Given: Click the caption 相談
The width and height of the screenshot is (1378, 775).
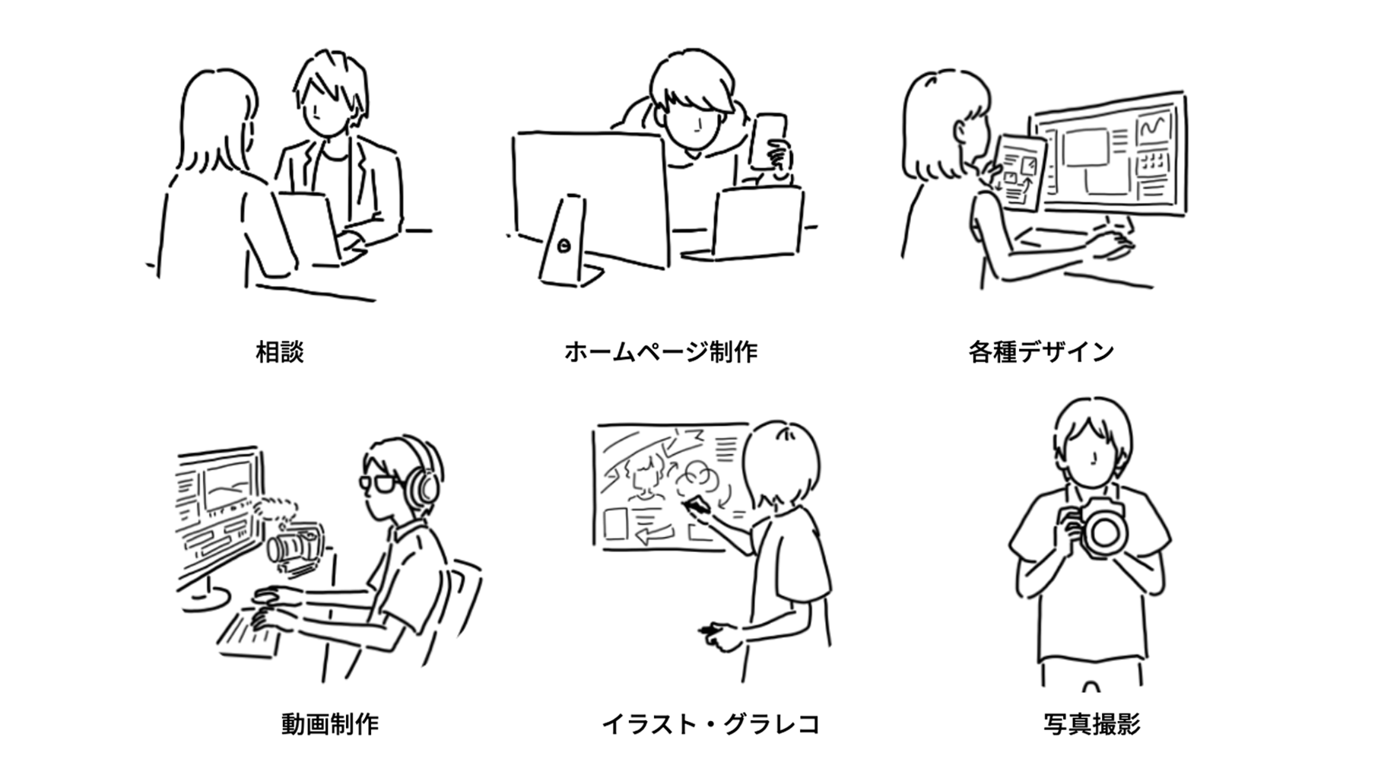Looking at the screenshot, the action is pos(280,352).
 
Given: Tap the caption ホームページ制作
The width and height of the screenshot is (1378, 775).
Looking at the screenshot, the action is pos(661,352).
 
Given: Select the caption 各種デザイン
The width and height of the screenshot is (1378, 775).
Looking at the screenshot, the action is pos(1041,352).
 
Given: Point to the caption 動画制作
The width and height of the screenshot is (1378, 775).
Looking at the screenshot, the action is pos(329,723).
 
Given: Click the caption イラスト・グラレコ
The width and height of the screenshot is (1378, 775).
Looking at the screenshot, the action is pos(711,723).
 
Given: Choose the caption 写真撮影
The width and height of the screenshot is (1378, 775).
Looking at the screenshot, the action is pos(1092,723).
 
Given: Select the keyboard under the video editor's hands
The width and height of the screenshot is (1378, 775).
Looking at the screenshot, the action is pos(247,632).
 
